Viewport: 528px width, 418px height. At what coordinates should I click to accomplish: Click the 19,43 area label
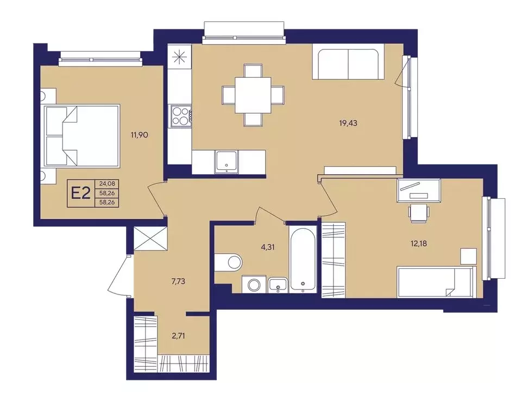[348, 123]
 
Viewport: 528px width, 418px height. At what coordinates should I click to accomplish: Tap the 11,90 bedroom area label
[140, 136]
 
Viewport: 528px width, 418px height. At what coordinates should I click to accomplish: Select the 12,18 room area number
[419, 243]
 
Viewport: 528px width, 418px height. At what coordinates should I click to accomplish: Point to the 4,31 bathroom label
[268, 247]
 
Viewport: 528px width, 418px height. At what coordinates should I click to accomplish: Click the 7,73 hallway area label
[178, 281]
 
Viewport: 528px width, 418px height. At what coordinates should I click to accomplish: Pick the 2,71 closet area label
[178, 336]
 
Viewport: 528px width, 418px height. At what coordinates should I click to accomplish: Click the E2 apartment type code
[81, 194]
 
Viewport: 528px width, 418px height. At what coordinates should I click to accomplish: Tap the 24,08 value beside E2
[107, 184]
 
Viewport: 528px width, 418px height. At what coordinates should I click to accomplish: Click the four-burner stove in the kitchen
[181, 116]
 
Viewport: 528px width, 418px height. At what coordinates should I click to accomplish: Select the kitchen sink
[227, 161]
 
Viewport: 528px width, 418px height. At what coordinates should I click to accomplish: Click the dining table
[253, 95]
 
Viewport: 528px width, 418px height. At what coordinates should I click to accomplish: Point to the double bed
[82, 136]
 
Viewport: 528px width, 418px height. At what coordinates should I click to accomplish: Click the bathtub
[303, 259]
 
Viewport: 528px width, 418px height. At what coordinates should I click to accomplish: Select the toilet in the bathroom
[228, 261]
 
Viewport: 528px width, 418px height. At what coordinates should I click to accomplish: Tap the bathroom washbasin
[278, 285]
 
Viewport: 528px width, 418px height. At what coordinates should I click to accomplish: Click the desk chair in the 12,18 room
[419, 213]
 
